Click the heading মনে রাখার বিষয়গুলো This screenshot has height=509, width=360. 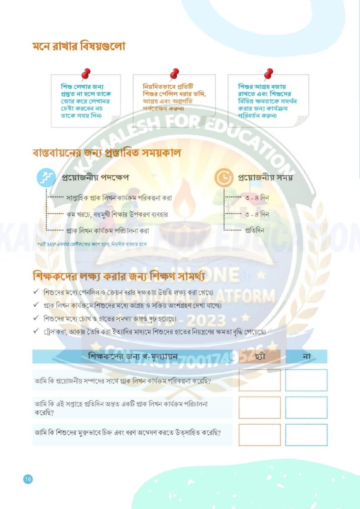click(x=79, y=46)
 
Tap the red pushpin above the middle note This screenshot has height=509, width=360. click(x=174, y=74)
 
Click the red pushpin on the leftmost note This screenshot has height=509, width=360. click(x=86, y=74)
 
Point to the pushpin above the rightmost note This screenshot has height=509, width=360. click(x=268, y=74)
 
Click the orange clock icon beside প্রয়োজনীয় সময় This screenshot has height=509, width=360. click(x=224, y=178)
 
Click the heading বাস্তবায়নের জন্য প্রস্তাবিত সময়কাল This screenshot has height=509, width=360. click(x=106, y=153)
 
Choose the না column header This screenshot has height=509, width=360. click(x=307, y=357)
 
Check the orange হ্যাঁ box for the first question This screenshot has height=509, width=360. click(x=260, y=380)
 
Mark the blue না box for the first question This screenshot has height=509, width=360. click(x=306, y=380)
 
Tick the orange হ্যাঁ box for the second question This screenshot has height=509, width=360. click(x=260, y=408)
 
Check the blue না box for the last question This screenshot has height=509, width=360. click(x=306, y=435)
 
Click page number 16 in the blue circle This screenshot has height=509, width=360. click(x=28, y=479)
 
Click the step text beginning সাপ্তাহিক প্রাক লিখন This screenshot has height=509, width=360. click(x=119, y=198)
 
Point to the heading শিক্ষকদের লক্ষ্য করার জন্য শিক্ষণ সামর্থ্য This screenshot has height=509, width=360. click(x=119, y=277)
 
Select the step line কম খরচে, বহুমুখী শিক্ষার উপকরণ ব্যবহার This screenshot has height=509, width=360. click(x=117, y=215)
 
